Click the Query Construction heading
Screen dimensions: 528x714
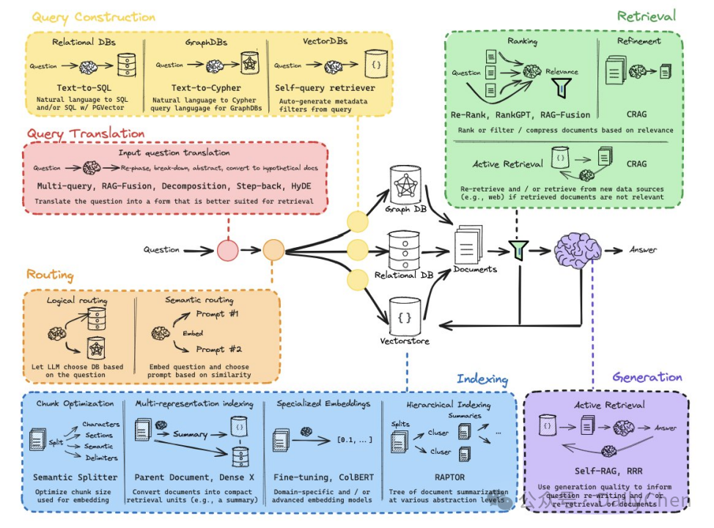[x=93, y=17]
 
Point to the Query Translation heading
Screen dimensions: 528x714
[x=86, y=134]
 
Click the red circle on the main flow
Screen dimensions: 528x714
[x=228, y=250]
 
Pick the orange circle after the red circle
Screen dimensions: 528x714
[x=273, y=250]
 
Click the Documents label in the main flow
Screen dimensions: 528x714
[x=475, y=269]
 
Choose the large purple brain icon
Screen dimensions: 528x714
[x=577, y=250]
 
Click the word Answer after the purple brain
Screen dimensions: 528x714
[x=643, y=250]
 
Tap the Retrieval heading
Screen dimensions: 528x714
[x=646, y=16]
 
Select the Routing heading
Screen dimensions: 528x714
[x=50, y=275]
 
